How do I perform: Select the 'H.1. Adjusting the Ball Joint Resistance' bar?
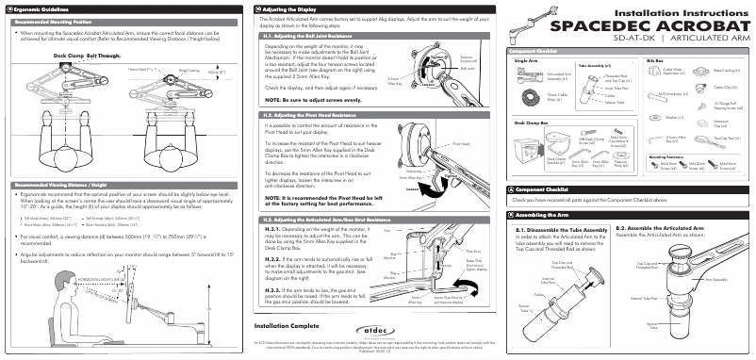[308, 33]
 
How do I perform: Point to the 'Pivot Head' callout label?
[462, 144]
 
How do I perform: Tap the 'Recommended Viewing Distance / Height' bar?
[59, 183]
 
